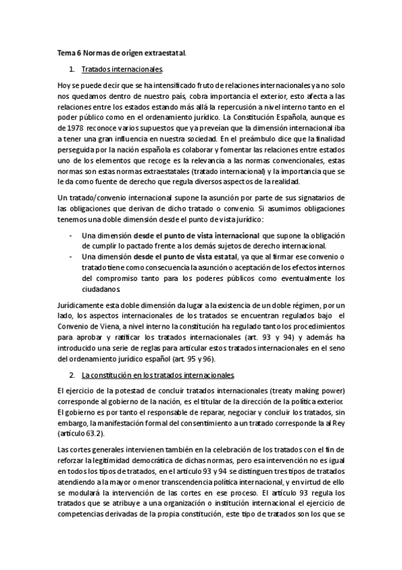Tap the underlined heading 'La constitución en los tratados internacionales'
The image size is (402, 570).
tap(157, 374)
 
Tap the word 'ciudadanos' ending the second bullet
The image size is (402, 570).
tap(101, 290)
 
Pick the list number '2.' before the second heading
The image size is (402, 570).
tap(72, 374)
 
